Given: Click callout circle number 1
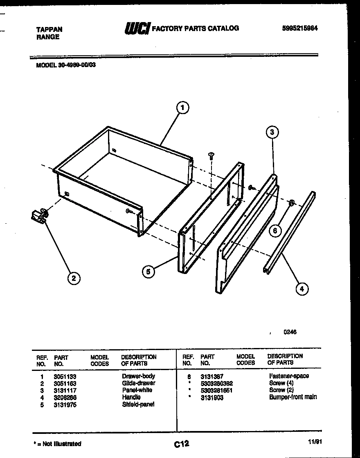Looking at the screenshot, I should pyautogui.click(x=182, y=108).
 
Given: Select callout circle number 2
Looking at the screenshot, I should pyautogui.click(x=74, y=279).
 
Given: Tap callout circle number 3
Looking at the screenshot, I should pyautogui.click(x=272, y=132).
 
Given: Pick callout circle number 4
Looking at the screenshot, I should pyautogui.click(x=301, y=289).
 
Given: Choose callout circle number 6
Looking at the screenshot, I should pyautogui.click(x=275, y=231).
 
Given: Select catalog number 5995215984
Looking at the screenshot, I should pyautogui.click(x=300, y=28).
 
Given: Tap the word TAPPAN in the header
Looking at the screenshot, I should pyautogui.click(x=49, y=29).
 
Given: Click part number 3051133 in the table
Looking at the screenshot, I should pyautogui.click(x=65, y=376).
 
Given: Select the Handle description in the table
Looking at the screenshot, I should pyautogui.click(x=131, y=397).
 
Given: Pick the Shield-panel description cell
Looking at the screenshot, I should pyautogui.click(x=138, y=404).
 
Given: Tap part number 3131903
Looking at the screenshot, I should pyautogui.click(x=212, y=397).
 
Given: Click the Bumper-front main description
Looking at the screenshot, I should pyautogui.click(x=293, y=397).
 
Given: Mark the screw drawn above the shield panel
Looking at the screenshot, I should pyautogui.click(x=211, y=155).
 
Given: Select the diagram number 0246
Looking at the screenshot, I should pyautogui.click(x=290, y=332).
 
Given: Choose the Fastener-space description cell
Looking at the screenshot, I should pyautogui.click(x=289, y=376).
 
